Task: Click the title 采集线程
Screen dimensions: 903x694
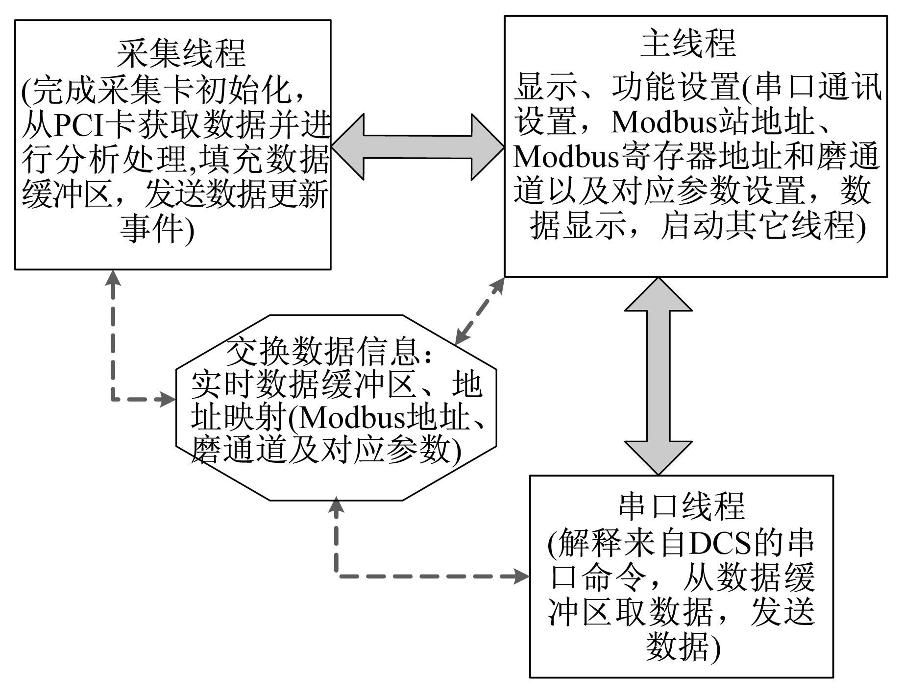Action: coord(181,53)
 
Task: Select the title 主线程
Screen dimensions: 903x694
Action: coord(688,43)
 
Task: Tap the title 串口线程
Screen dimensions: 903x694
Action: coord(683,505)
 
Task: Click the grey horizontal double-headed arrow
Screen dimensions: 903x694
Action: coord(418,146)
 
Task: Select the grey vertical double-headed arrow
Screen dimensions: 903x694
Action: coord(658,376)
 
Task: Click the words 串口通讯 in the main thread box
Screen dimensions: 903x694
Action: coord(818,88)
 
